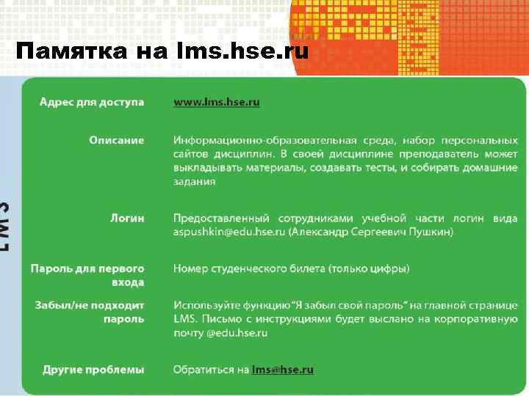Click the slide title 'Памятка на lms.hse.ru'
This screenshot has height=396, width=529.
162,52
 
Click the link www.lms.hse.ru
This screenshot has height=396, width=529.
216,103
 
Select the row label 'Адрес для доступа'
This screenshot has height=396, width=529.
92,102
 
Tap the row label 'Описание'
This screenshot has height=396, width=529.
117,140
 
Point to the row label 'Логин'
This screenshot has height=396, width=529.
127,218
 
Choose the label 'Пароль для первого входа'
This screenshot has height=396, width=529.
87,275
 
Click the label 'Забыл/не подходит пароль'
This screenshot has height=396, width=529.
90,312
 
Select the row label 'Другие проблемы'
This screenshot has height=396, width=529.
93,370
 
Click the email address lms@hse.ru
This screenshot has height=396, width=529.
282,370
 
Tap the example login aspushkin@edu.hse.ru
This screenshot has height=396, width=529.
228,232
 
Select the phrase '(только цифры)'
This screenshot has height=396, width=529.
373,269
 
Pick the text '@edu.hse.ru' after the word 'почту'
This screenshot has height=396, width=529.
237,333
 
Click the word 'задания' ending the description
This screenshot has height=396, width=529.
194,182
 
